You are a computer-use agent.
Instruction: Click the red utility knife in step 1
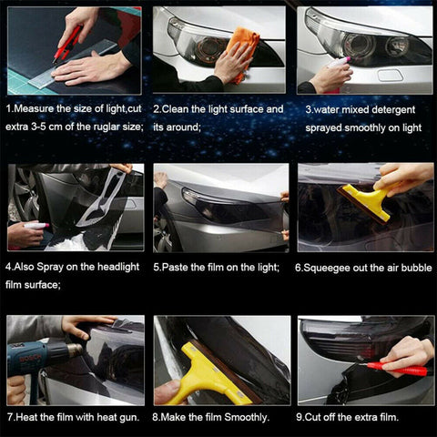[x=68, y=44]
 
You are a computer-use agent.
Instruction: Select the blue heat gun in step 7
[x=40, y=355]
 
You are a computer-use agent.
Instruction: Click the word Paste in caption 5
[x=178, y=268]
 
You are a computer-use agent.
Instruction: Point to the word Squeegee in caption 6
[x=331, y=268]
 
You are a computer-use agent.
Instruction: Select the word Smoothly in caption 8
[x=244, y=417]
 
